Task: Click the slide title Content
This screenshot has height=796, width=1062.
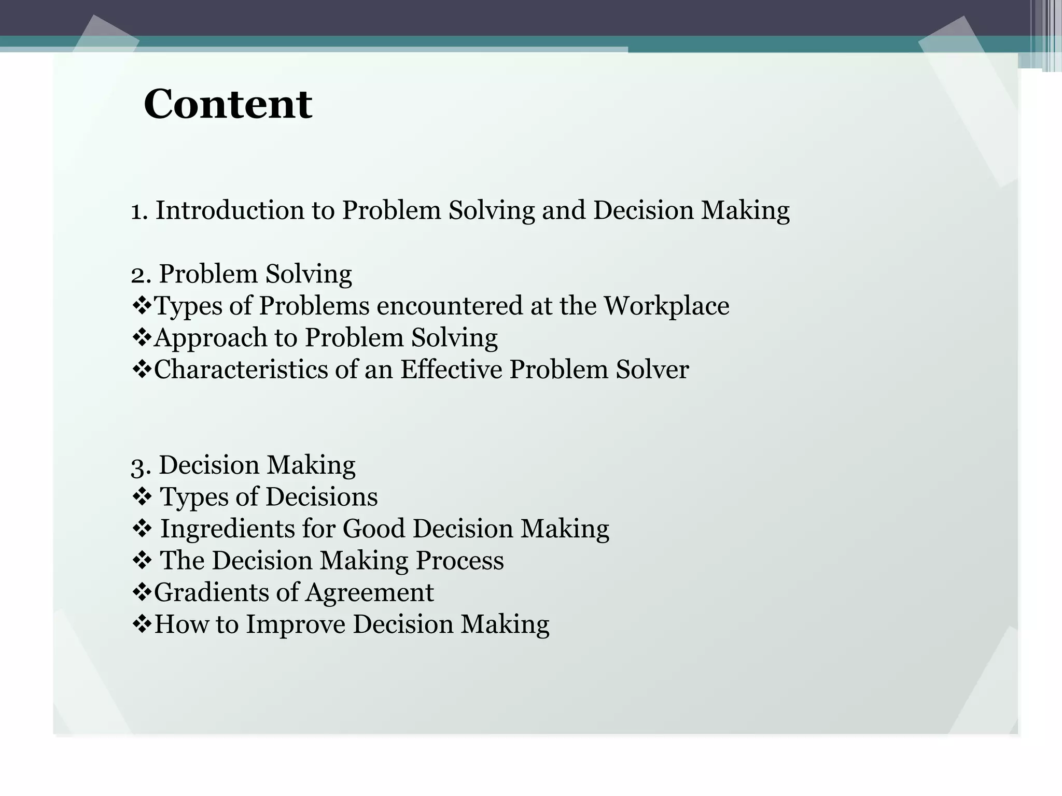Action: coord(228,104)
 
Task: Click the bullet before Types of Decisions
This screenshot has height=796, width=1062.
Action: coord(141,497)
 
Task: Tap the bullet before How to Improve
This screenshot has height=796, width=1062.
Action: coord(141,624)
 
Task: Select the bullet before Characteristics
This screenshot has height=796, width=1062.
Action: coord(141,369)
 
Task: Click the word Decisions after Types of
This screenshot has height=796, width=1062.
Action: coord(322,497)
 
